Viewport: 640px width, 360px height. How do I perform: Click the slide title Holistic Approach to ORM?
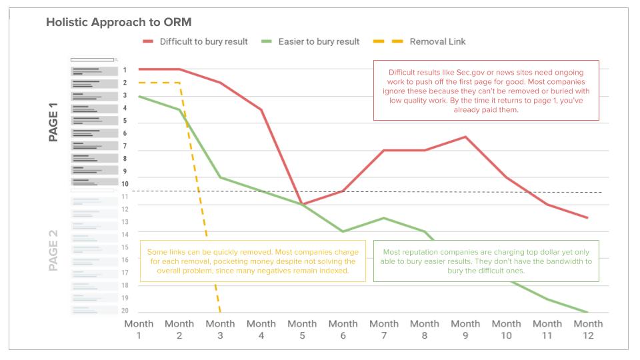pos(119,22)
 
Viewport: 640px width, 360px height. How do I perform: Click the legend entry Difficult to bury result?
pos(203,41)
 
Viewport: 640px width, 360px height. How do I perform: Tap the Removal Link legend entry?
pos(437,41)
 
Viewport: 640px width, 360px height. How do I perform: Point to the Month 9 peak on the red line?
pos(465,137)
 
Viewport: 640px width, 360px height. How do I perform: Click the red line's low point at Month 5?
pos(302,204)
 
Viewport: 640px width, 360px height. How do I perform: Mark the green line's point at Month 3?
pos(221,177)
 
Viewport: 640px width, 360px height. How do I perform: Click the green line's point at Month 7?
pos(384,218)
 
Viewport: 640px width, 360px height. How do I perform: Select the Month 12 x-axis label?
pos(588,329)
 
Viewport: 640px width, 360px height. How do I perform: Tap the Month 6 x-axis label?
pos(343,329)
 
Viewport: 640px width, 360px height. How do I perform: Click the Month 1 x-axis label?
pos(139,329)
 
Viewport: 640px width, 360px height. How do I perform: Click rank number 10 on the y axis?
pos(125,184)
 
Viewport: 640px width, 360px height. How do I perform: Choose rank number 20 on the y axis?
pos(125,311)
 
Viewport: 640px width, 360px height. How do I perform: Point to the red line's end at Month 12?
pos(587,218)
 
